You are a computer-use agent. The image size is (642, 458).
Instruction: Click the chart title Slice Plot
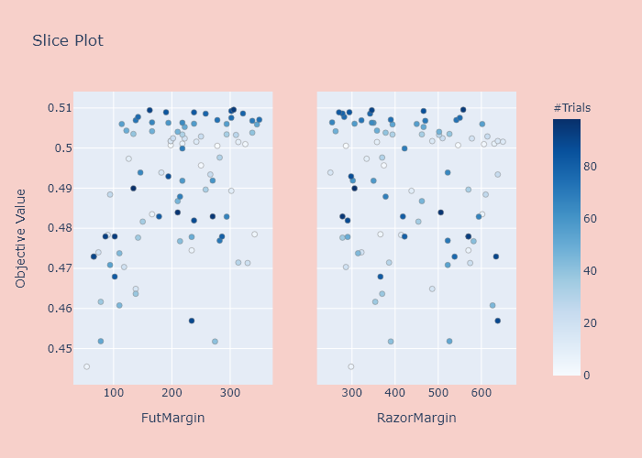[68, 40]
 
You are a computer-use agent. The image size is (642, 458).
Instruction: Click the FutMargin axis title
[172, 419]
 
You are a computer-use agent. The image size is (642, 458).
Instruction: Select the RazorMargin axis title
[416, 419]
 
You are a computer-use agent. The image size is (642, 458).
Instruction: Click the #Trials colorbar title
[571, 108]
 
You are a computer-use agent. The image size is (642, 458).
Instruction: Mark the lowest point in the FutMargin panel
[86, 366]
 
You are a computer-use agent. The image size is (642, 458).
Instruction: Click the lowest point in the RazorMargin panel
[350, 366]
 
